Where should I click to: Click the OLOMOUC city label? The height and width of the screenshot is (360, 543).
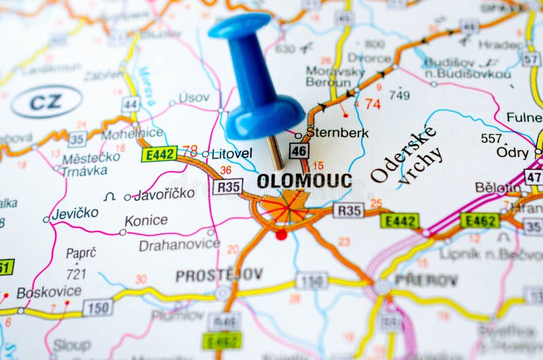click(304, 181)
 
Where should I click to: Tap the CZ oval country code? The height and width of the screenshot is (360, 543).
click(46, 102)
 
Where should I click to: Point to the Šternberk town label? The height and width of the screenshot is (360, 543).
click(337, 132)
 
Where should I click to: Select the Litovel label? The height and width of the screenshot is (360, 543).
click(231, 154)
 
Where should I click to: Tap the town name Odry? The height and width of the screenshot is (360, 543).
click(512, 152)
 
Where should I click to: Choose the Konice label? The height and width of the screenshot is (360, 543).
click(146, 220)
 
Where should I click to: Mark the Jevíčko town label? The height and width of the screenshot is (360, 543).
click(75, 213)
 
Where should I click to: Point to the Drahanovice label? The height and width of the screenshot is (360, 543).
click(179, 245)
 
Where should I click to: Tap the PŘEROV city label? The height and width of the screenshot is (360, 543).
click(426, 279)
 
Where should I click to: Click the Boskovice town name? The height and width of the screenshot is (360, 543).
click(49, 292)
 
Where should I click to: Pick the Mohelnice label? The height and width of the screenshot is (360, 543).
click(132, 133)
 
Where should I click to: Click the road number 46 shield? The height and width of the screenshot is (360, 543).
click(299, 151)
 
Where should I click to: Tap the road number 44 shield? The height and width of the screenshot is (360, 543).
click(130, 105)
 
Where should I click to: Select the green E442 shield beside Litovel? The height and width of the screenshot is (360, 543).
click(160, 154)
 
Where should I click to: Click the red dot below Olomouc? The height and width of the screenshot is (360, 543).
click(281, 235)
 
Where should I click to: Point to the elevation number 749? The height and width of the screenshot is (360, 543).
click(399, 95)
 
